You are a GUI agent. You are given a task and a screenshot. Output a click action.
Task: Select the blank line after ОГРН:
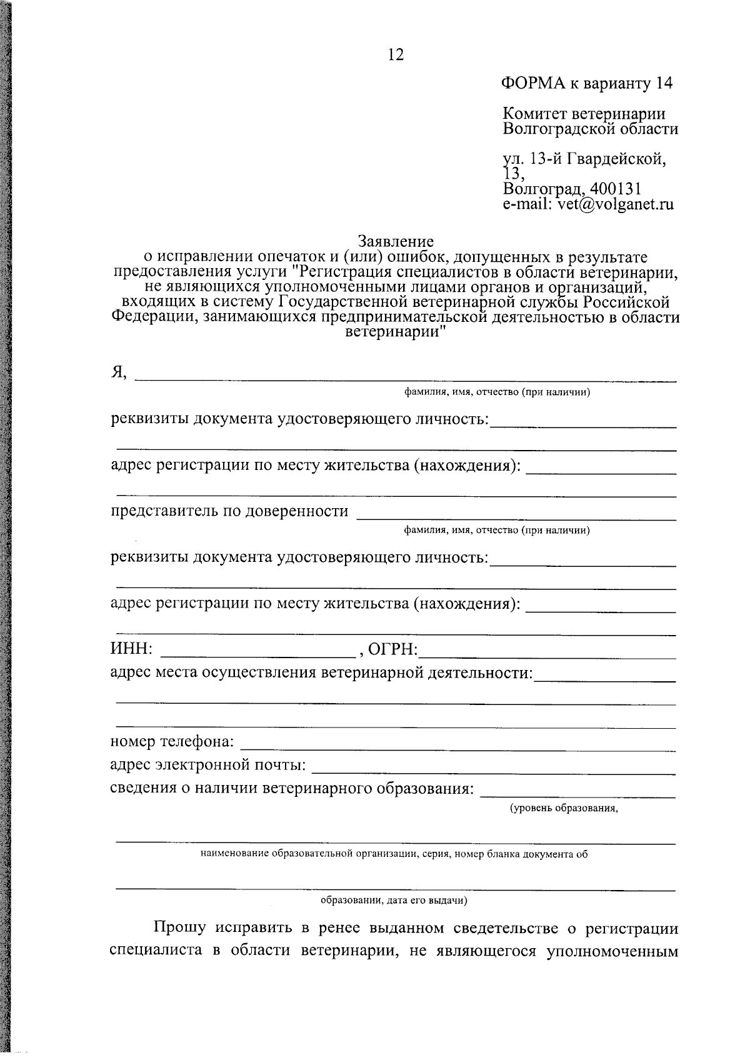click(x=549, y=656)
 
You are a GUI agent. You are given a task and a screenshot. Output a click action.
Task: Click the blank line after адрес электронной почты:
click(x=493, y=772)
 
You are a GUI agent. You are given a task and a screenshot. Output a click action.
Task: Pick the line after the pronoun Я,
click(x=406, y=379)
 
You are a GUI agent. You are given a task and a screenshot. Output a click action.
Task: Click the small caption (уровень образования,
click(x=564, y=808)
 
